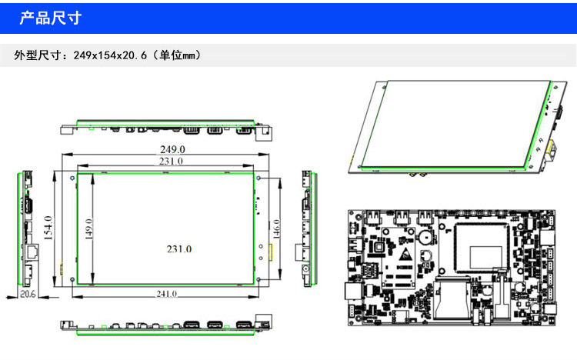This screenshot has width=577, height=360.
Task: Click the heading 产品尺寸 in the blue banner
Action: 51,18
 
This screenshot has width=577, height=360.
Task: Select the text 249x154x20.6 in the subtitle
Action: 110,55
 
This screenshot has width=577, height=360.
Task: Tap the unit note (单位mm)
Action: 178,55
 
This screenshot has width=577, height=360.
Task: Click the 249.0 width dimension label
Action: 172,149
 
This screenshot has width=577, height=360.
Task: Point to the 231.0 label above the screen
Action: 171,162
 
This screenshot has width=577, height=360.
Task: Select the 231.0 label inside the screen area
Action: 179,249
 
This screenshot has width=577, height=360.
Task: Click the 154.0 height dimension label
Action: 48,228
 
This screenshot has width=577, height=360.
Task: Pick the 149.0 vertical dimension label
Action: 88,229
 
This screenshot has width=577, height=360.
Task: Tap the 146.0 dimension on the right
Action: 276,229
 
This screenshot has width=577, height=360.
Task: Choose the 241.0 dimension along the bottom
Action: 166,294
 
